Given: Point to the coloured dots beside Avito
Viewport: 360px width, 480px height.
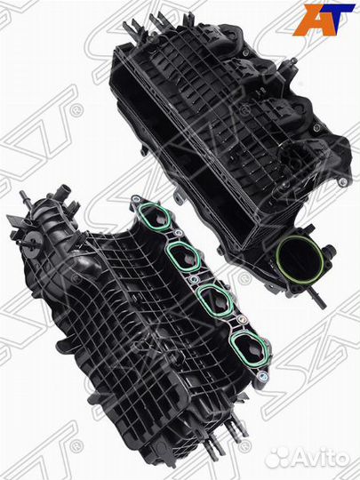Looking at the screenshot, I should (278, 456).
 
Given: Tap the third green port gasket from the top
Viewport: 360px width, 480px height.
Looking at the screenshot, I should (214, 299).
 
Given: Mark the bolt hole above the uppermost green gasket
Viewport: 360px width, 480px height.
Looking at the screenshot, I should (135, 199).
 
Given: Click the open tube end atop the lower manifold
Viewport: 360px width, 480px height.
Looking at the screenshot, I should (65, 192).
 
